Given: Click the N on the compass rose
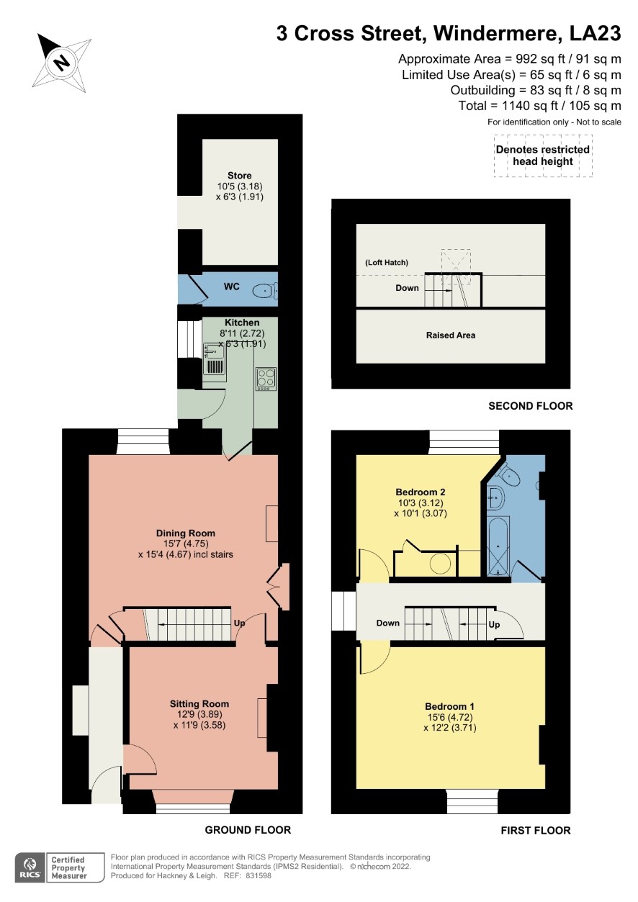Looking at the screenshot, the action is point(62,63).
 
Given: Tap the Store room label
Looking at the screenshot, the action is point(240,176).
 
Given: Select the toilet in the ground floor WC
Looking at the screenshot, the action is point(265,290).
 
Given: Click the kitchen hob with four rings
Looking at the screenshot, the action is point(266,379).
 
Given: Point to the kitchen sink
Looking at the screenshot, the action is point(215,351).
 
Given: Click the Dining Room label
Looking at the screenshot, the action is point(186,533).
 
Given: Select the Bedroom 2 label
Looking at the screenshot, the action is point(421,492).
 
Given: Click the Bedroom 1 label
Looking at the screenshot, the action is point(449,706).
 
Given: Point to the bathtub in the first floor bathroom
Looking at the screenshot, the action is point(498,546).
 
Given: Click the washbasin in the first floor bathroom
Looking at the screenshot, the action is point(496,498).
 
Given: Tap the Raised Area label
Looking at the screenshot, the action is point(451,335).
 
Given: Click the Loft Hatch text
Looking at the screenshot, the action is point(387,263).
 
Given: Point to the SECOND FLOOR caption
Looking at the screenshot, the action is point(531,406).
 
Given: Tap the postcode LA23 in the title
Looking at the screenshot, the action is point(595,33).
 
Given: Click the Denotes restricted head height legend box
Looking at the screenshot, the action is point(543,155).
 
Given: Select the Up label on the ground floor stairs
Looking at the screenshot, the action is point(239,623).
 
